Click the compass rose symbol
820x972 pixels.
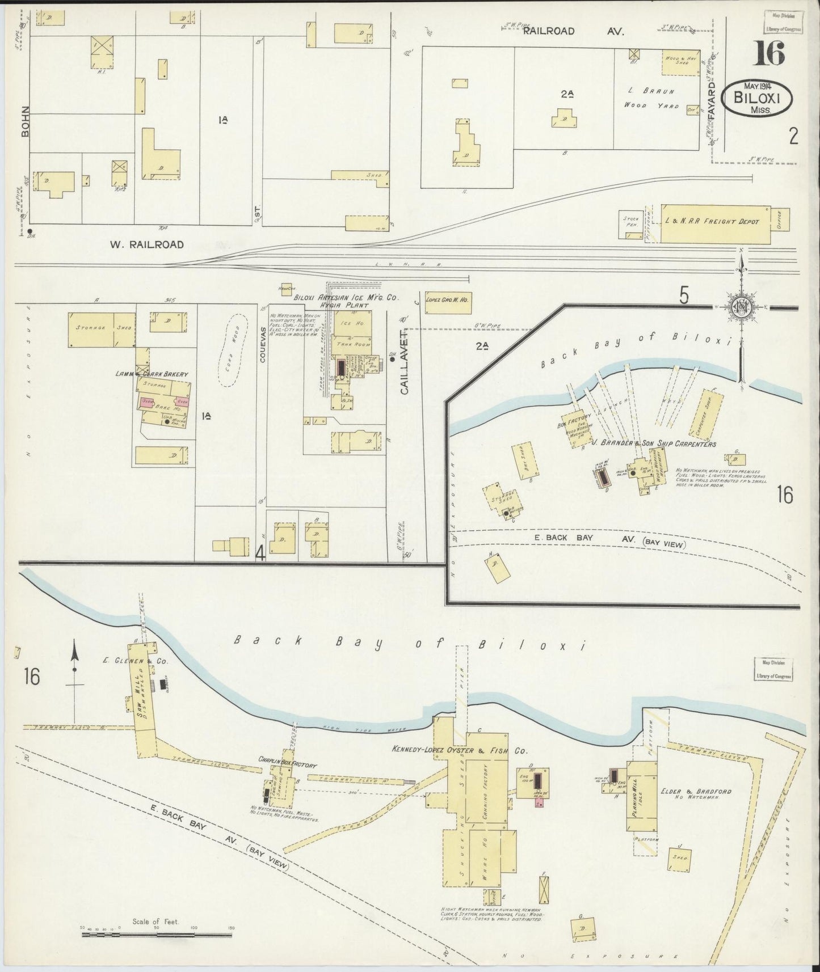[740, 307]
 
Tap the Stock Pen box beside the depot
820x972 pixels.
[630, 225]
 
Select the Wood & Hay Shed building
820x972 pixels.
[680, 61]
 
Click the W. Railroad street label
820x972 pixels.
[146, 245]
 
